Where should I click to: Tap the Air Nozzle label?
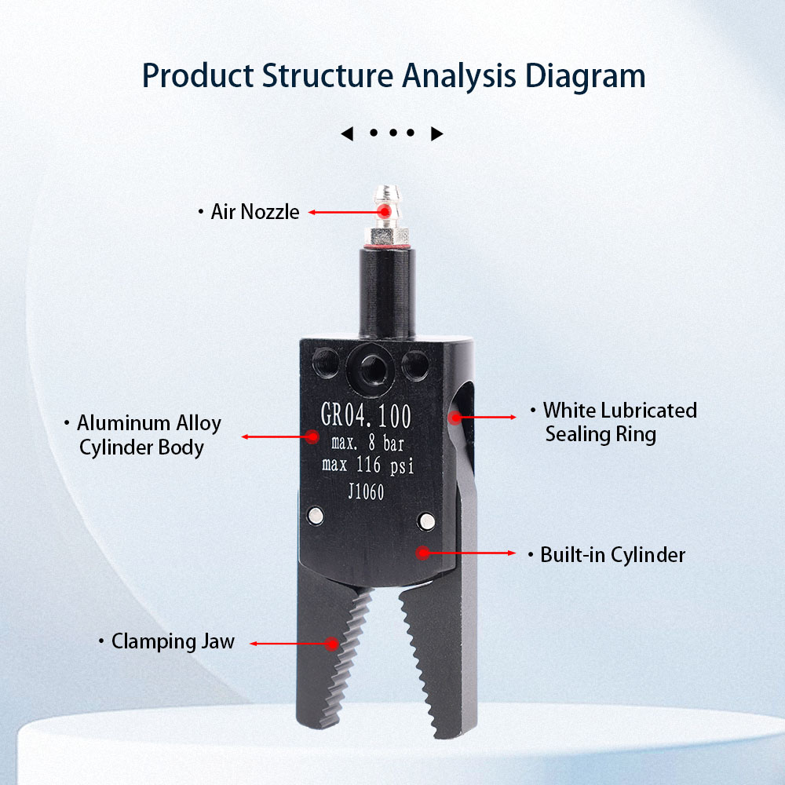click(x=255, y=212)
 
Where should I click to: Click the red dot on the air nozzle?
click(x=384, y=212)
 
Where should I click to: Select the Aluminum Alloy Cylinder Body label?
click(x=149, y=436)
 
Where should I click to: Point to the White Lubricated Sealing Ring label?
click(x=619, y=422)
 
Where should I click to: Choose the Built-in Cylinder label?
click(x=612, y=555)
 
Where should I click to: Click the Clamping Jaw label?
click(x=173, y=641)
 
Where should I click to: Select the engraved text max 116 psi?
click(x=367, y=466)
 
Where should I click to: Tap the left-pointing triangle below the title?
click(x=346, y=134)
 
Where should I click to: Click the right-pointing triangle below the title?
click(x=437, y=134)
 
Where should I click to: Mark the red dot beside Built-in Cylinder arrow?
click(x=422, y=553)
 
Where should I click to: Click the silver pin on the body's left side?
click(x=316, y=515)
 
